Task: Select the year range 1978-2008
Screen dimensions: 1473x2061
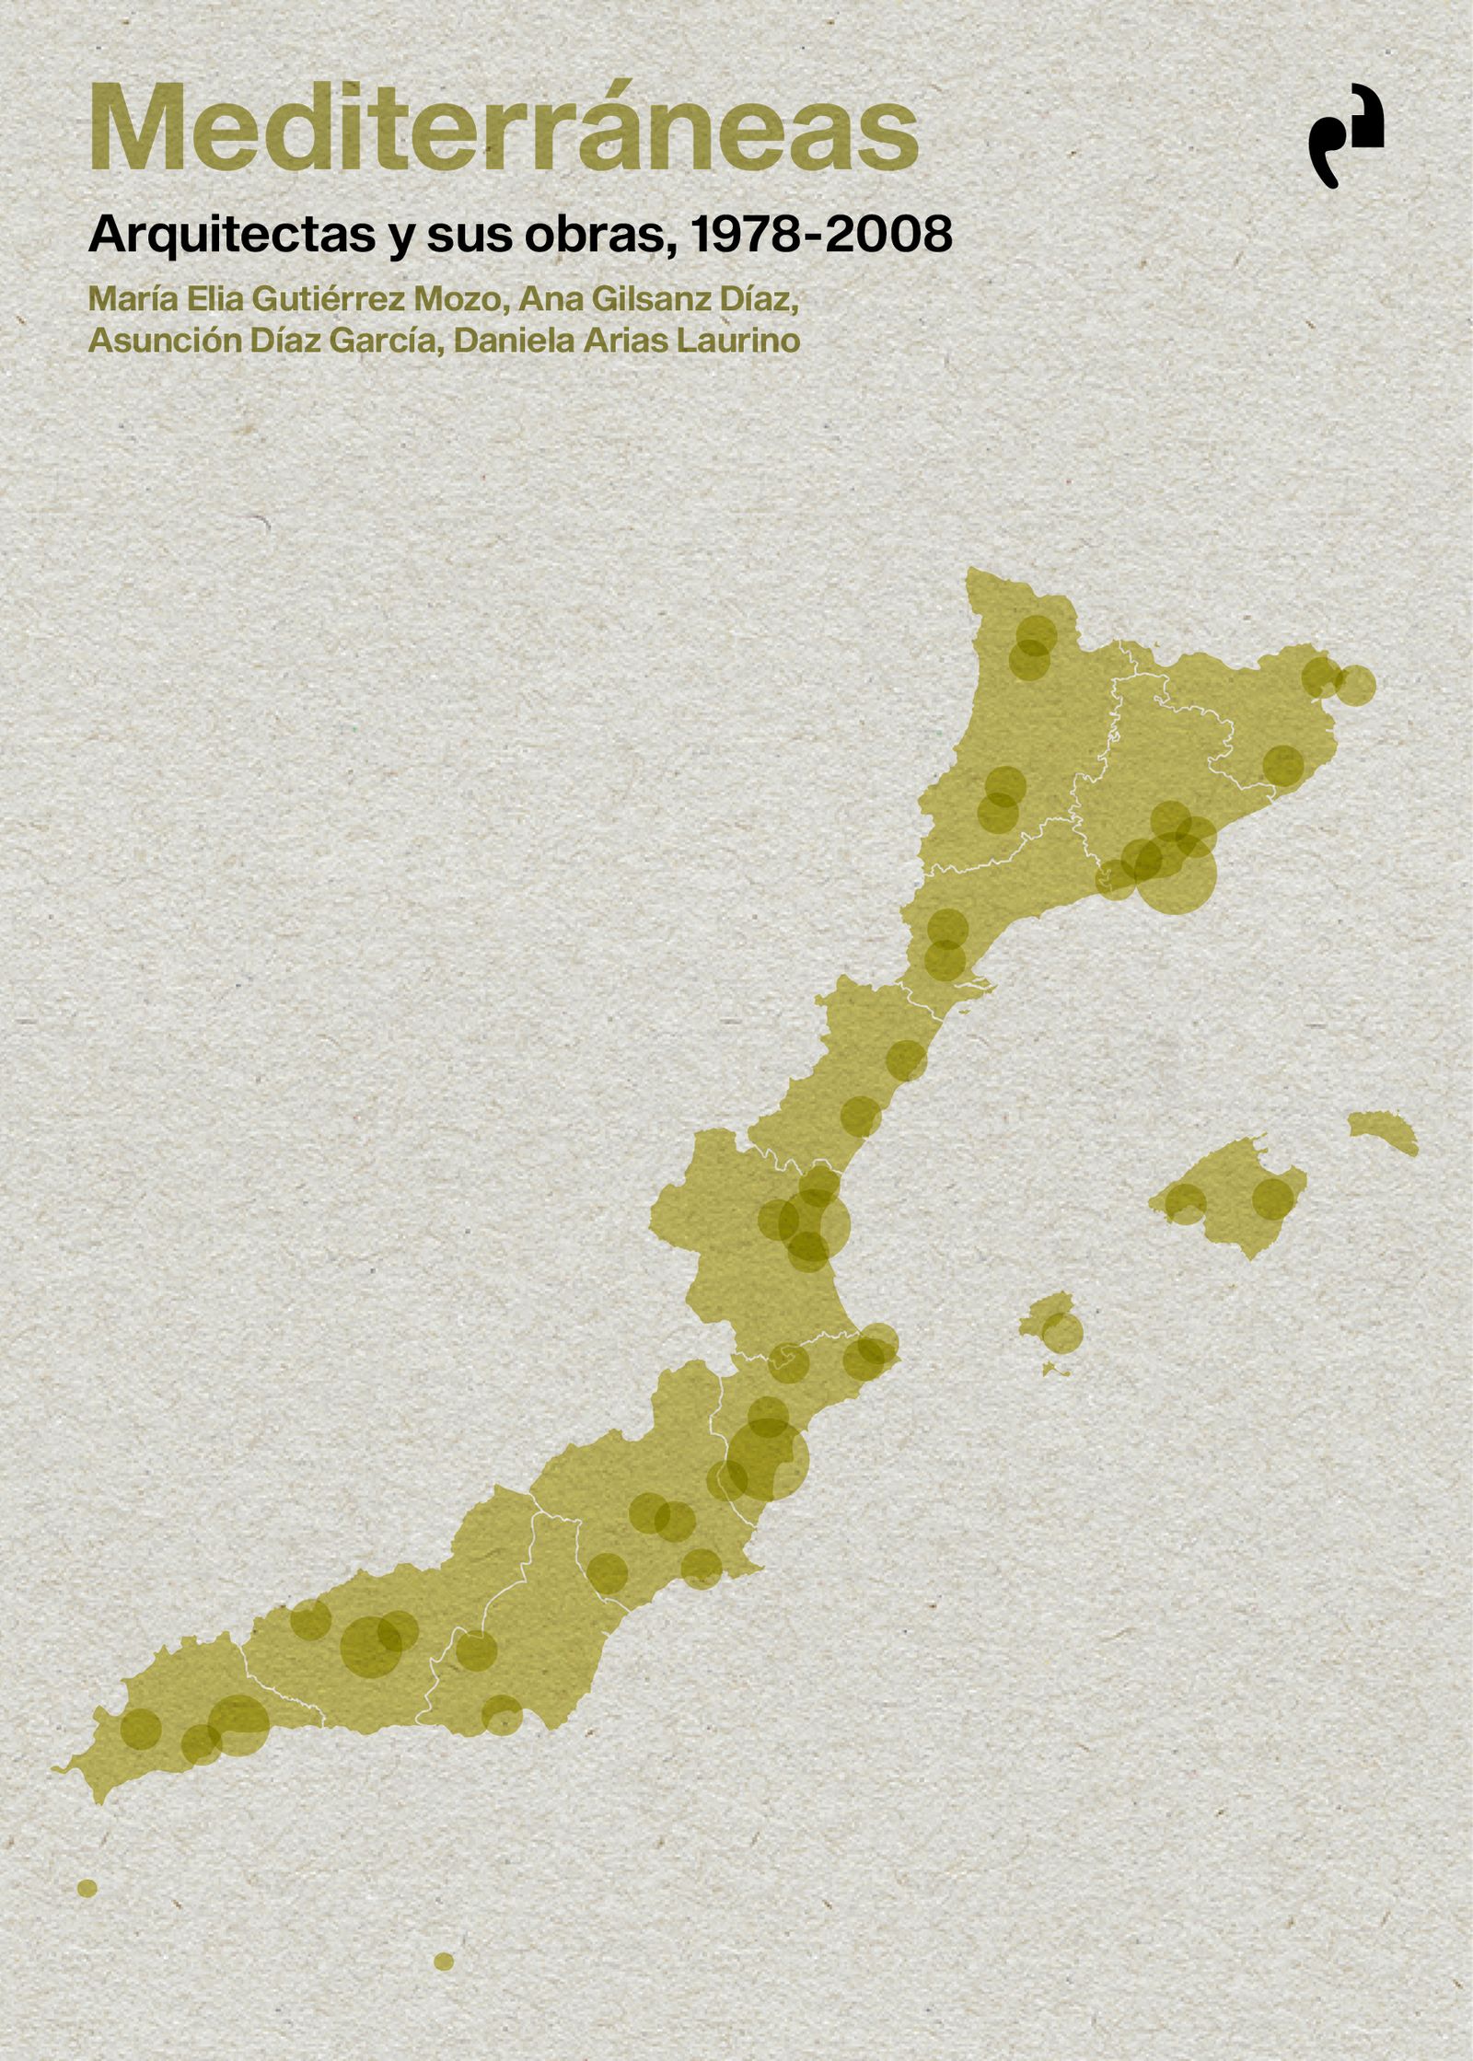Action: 820,237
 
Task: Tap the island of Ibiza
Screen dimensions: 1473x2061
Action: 1050,1326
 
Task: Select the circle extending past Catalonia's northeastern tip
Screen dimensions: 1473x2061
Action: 1354,686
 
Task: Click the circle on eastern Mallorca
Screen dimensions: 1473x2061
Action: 1273,1198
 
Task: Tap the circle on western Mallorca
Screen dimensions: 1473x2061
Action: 1185,1203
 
